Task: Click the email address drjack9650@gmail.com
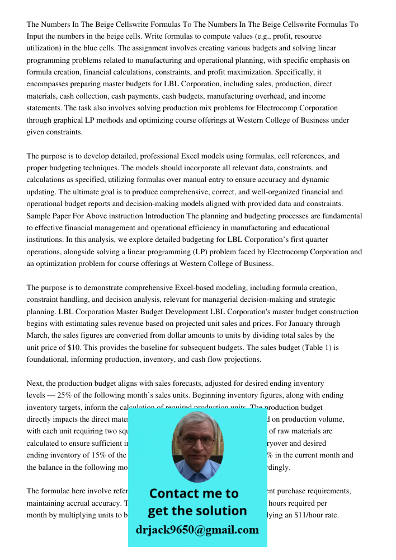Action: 197,530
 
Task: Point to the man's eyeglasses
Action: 196,440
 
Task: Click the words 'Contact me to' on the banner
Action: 194,493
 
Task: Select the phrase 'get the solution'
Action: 197,511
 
